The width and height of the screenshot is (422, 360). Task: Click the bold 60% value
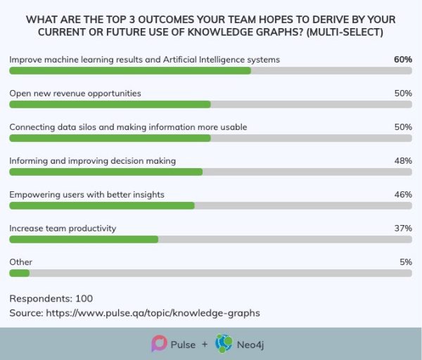click(402, 60)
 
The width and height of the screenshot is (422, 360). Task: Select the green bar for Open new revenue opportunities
click(110, 104)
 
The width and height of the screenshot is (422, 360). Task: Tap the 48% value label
click(402, 161)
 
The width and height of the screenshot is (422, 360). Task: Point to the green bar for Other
click(20, 273)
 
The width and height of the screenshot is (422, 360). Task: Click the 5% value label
click(405, 262)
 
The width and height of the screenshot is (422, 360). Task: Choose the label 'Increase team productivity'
click(63, 229)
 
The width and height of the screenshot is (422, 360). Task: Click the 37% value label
click(402, 229)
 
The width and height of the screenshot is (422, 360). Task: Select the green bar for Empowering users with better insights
click(102, 205)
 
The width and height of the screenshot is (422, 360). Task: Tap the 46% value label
click(402, 195)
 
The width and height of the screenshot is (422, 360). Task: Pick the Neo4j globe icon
click(224, 343)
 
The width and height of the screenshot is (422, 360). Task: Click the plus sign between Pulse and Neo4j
click(204, 345)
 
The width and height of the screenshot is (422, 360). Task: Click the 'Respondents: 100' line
click(51, 298)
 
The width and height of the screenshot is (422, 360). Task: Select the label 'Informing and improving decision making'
click(92, 161)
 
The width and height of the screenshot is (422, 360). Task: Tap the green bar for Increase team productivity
click(84, 239)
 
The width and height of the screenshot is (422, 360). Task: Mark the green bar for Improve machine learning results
click(130, 70)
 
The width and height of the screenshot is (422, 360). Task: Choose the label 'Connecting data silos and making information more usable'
click(128, 127)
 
